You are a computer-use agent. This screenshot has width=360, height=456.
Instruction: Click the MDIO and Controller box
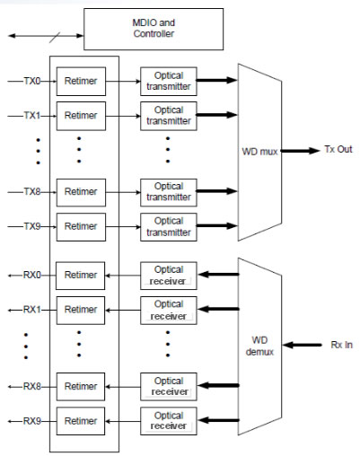tap(154, 29)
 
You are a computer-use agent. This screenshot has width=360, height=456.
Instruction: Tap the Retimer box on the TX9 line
tap(81, 225)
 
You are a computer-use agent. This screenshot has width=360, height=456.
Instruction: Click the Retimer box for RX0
tap(81, 275)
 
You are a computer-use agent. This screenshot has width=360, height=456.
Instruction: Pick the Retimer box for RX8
tap(81, 386)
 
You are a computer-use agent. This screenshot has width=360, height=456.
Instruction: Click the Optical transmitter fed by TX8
tap(167, 191)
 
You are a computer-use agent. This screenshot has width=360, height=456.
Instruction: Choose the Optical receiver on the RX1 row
tap(167, 310)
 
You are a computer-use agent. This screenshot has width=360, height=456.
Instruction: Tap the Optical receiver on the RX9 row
tap(167, 420)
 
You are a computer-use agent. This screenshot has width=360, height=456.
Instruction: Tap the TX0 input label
tap(31, 80)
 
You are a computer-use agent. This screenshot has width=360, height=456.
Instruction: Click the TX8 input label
tap(31, 191)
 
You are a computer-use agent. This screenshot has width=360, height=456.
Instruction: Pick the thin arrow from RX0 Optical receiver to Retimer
tap(123, 275)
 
